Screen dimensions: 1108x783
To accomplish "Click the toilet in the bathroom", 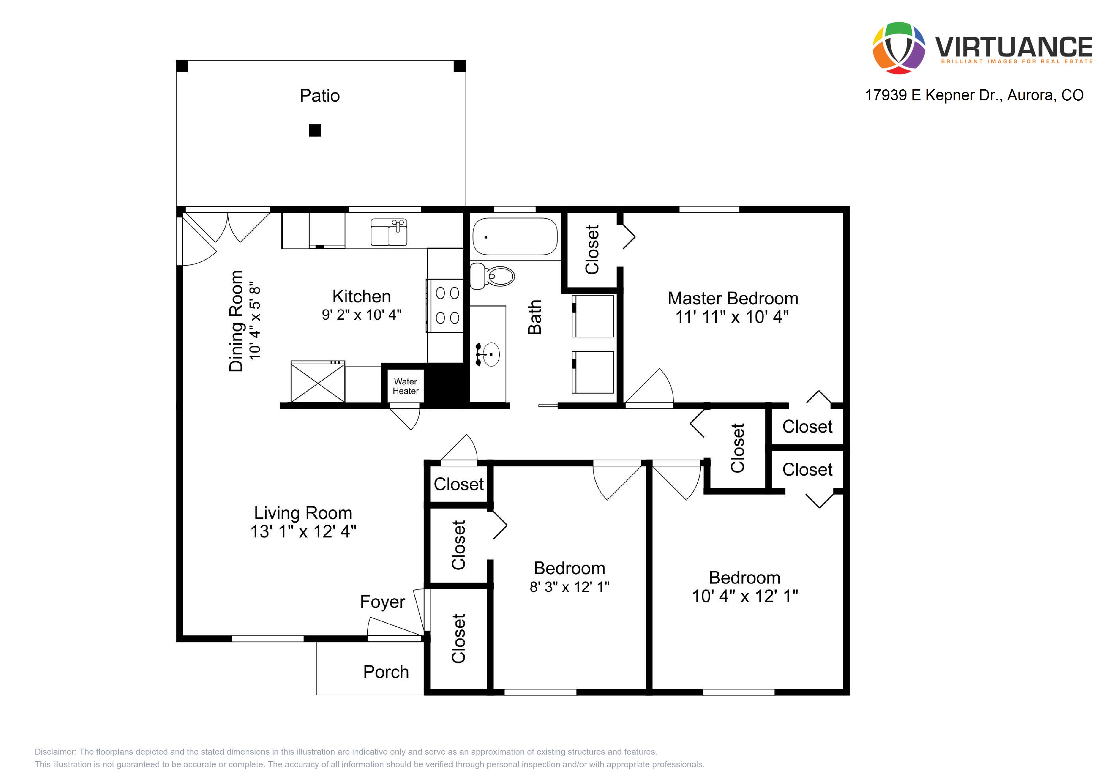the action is [492, 276].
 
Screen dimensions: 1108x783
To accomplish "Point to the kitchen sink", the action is [389, 232].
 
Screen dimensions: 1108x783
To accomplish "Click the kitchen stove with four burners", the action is [445, 306].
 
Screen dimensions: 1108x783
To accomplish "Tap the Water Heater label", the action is [405, 386].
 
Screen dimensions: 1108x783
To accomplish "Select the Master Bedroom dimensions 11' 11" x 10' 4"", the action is [732, 317].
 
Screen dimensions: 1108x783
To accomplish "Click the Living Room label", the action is [303, 513].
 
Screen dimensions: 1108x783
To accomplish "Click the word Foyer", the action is [383, 602].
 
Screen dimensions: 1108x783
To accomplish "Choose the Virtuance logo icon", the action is [899, 48].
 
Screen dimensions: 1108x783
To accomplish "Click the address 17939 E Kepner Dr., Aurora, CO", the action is [974, 95].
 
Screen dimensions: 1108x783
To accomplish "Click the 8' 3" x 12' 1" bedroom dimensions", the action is [569, 587].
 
